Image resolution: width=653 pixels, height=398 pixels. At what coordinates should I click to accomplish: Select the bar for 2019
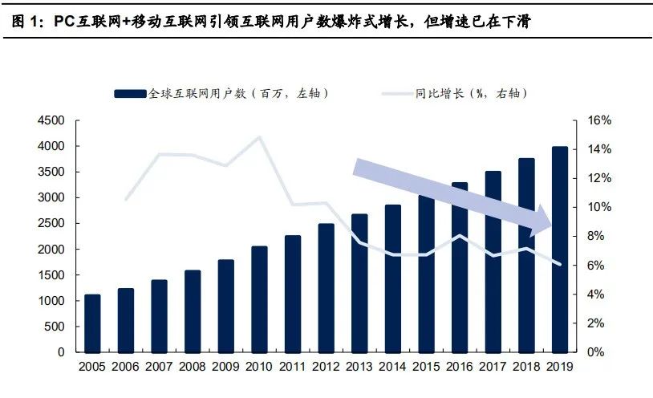(559, 249)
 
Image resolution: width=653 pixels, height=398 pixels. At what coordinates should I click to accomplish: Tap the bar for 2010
(259, 298)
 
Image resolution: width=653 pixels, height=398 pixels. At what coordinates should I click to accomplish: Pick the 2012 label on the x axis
(326, 368)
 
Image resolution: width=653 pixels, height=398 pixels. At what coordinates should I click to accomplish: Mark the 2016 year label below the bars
(459, 368)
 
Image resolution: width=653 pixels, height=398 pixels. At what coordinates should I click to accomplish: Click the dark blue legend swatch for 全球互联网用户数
(130, 93)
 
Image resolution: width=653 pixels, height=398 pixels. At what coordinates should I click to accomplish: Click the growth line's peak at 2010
(259, 137)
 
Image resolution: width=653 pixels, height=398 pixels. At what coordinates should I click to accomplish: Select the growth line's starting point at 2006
(126, 199)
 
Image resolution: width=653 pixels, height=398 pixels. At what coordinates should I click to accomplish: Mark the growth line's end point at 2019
(559, 264)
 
